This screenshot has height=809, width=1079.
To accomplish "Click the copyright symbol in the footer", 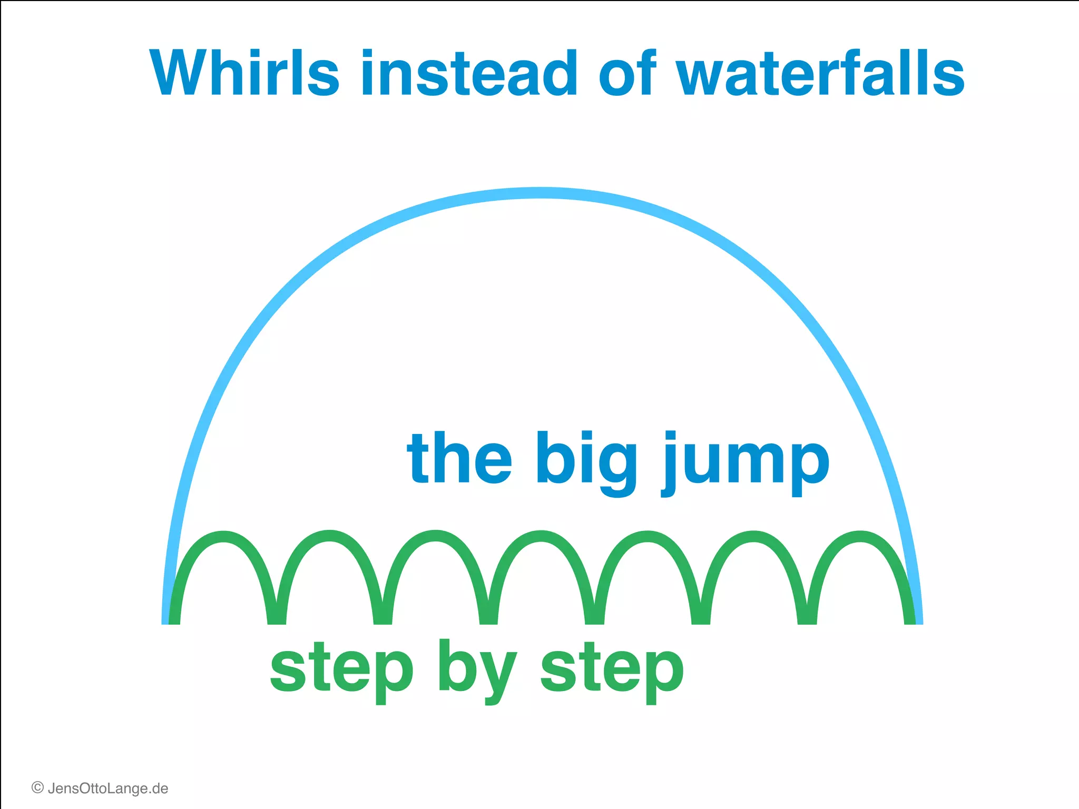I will [x=37, y=788].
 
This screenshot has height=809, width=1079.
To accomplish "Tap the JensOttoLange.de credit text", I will [x=107, y=788].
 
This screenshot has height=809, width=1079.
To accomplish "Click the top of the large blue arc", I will [x=541, y=193].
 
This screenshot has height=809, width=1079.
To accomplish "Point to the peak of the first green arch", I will [x=224, y=536].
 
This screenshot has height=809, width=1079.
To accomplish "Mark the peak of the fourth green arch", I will [x=542, y=536].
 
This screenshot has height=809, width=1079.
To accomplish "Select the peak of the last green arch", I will [x=860, y=536].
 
